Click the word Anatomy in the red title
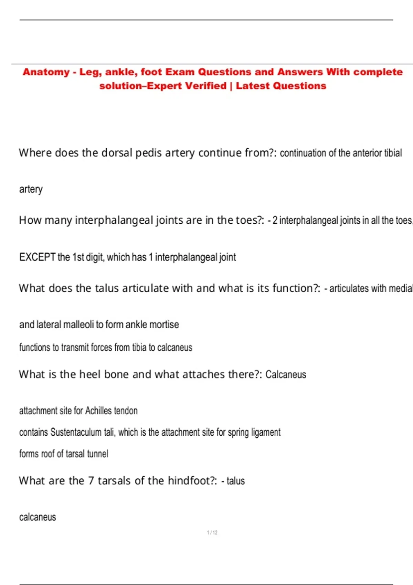[46, 72]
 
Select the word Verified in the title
[205, 86]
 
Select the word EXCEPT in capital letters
[37, 257]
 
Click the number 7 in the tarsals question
[91, 481]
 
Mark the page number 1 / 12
[212, 533]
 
